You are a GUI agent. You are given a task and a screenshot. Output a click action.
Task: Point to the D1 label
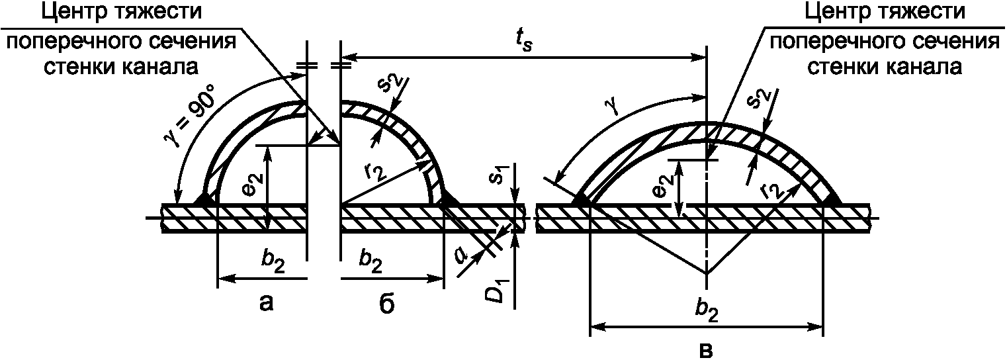click(498, 291)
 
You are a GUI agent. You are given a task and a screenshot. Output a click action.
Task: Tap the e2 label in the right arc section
click(664, 185)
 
